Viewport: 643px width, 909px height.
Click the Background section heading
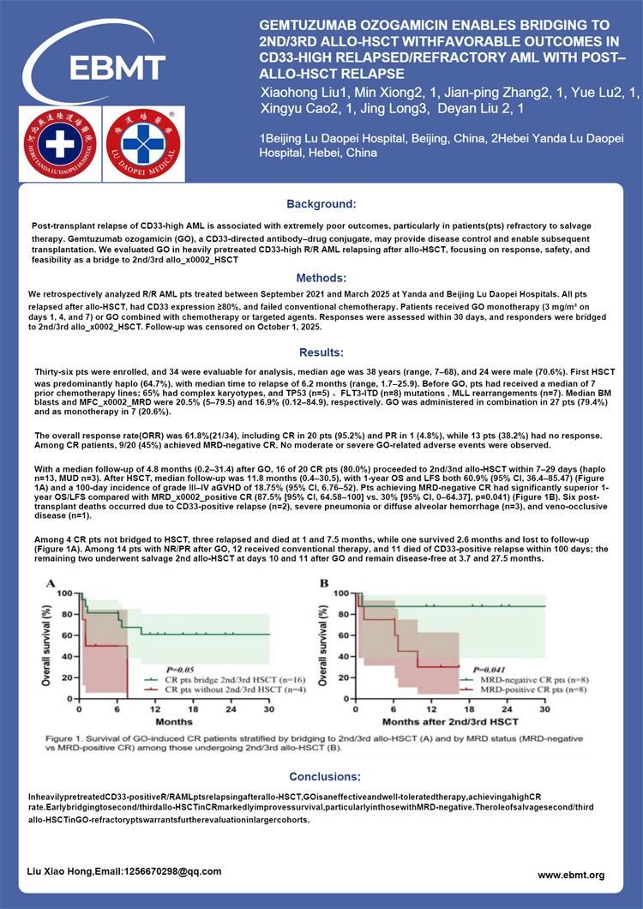[x=321, y=204]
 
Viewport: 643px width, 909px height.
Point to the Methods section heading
[x=321, y=278]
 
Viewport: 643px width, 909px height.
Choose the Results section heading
[x=321, y=352]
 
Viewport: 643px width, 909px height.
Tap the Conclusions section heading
[x=321, y=776]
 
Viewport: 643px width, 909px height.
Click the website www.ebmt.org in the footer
[x=571, y=875]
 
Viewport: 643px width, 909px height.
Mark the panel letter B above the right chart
[x=324, y=583]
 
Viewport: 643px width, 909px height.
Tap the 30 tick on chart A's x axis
[x=269, y=711]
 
